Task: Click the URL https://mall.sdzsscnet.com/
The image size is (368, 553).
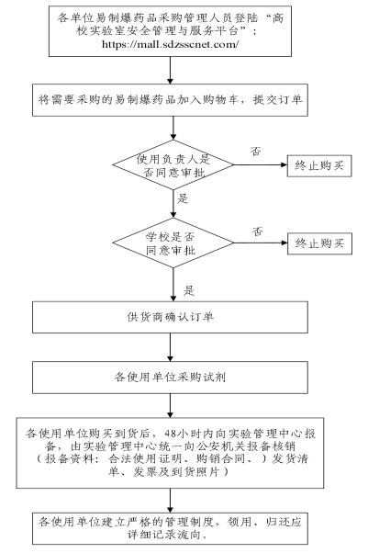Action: click(x=171, y=44)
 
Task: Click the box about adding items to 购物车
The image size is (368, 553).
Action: click(x=170, y=100)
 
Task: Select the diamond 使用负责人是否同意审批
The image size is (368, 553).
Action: click(x=173, y=164)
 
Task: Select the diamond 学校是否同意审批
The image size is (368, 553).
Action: click(x=173, y=243)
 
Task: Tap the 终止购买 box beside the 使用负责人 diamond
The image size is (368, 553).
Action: click(x=319, y=165)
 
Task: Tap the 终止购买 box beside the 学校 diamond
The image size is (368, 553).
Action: click(x=319, y=243)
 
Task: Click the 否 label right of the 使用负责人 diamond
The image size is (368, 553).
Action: click(x=256, y=152)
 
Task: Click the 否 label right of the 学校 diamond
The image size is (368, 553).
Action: click(x=257, y=231)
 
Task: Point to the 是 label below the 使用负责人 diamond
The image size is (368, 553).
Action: click(x=183, y=198)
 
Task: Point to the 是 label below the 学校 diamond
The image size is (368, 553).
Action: click(x=189, y=290)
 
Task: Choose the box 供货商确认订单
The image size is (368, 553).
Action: click(x=170, y=317)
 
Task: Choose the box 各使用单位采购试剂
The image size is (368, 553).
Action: click(x=170, y=378)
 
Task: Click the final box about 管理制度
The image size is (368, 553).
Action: click(x=170, y=529)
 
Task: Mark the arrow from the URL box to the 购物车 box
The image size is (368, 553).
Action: click(x=171, y=70)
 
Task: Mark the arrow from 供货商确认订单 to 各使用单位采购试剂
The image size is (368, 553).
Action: click(x=171, y=347)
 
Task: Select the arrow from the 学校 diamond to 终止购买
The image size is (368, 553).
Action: click(x=261, y=243)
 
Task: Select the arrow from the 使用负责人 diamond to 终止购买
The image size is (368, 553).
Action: click(x=260, y=164)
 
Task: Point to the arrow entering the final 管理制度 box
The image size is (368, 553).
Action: click(x=171, y=501)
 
